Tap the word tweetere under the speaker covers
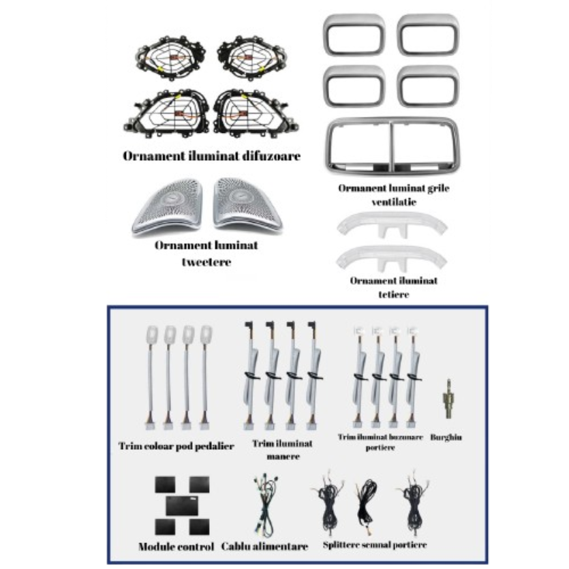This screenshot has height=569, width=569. coord(206,262)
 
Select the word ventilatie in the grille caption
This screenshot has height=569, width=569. coord(394,202)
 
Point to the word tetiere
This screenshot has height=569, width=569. coord(394,294)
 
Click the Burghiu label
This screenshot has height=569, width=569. coord(446,437)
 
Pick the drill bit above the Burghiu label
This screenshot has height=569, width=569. coord(448,399)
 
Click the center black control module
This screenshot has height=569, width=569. coord(182,506)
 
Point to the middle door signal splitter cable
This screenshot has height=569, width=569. coord(367,507)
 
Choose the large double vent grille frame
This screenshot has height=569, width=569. coord(393,146)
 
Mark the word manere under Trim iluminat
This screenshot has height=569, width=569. coord(283,457)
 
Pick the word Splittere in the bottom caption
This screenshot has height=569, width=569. coord(341,544)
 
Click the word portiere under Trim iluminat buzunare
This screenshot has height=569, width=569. coord(380,448)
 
